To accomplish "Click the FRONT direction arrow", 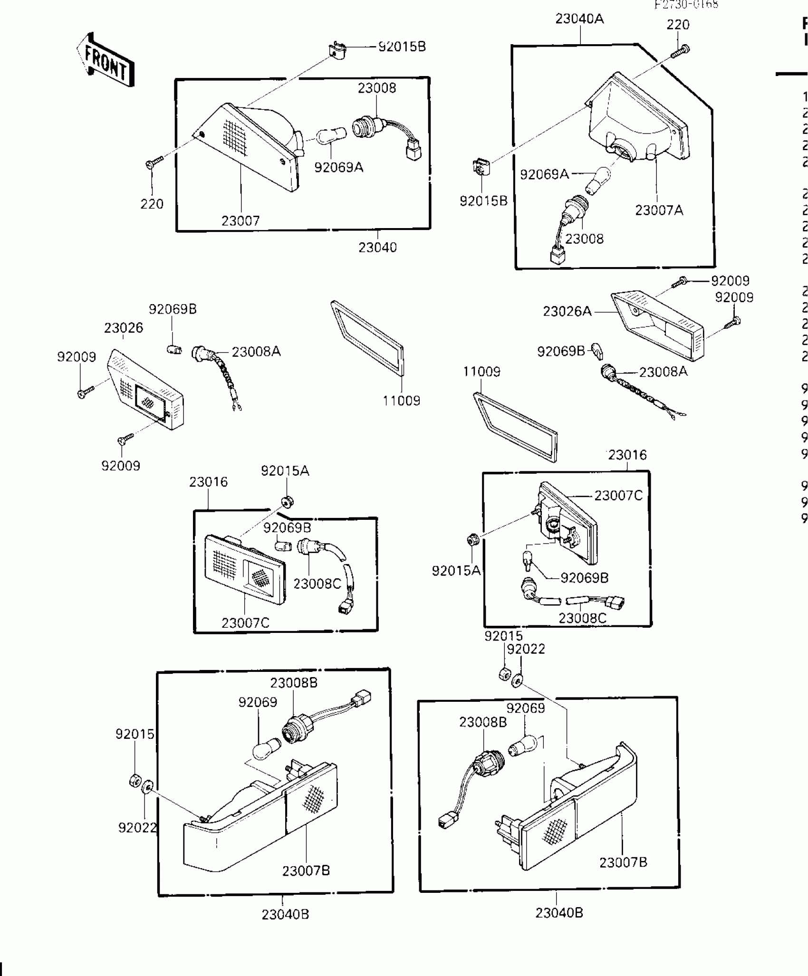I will [x=106, y=60].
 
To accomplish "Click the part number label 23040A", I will [x=579, y=19].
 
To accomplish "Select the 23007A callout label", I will [x=659, y=210].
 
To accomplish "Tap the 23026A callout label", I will [x=567, y=311].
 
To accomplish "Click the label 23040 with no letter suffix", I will [x=377, y=247].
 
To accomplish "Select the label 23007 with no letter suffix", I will [x=240, y=220].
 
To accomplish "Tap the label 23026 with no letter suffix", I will [x=124, y=328].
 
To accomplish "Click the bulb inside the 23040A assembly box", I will [x=598, y=181].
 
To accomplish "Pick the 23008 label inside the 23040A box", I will [x=584, y=239].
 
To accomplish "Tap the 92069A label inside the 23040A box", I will [x=544, y=174].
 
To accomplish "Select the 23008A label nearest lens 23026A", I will [x=663, y=372].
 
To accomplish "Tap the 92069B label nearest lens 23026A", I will [x=561, y=351].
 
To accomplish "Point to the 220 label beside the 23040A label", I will [x=678, y=25].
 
